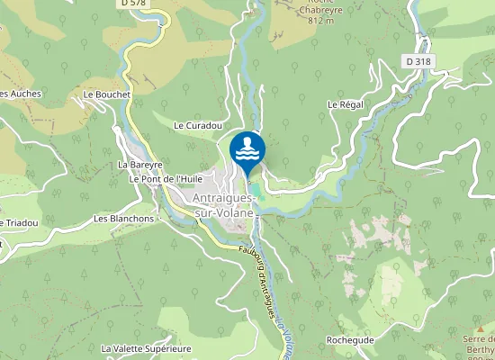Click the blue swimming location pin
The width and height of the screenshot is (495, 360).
[x=247, y=151]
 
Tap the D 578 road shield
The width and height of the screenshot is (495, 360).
[x=132, y=4]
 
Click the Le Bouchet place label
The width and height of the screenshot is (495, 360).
[x=106, y=94]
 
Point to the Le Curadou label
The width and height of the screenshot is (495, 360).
[x=197, y=126]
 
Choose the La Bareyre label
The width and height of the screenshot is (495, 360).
[x=139, y=166]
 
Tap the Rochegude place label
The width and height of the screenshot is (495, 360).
[x=349, y=340]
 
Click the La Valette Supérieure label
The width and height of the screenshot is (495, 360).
[x=147, y=347]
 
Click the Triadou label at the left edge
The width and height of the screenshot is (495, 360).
[x=19, y=223]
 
